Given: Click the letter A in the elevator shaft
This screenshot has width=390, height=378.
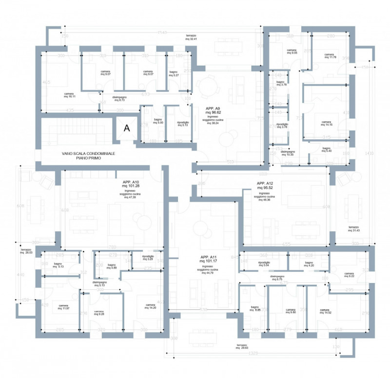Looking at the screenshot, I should [x=127, y=129].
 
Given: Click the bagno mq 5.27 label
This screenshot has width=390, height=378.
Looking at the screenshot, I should [x=174, y=74].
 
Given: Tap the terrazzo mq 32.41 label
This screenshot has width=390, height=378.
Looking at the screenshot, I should [x=191, y=38].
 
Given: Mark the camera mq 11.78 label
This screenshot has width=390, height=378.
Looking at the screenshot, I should [x=330, y=56].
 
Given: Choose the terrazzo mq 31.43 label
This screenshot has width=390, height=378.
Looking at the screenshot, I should [x=355, y=228].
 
